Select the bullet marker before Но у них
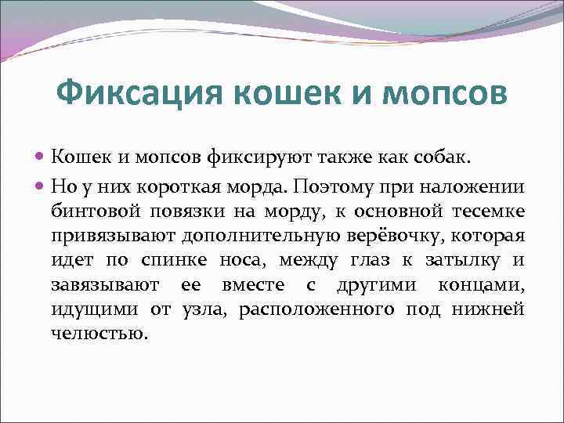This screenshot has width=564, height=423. point(41,188)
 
